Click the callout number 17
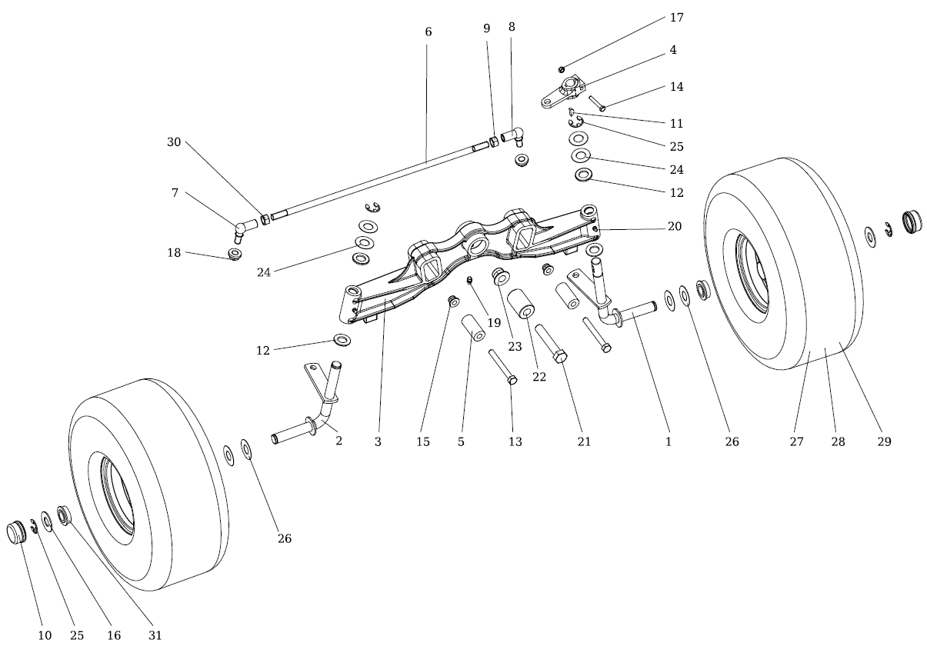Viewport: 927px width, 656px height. tap(676, 17)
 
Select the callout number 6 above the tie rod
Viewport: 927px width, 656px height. tap(428, 32)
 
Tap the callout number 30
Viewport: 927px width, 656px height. tap(174, 142)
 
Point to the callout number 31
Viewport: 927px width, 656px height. tap(155, 635)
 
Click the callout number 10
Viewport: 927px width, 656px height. tap(45, 635)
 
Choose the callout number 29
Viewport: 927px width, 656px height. tap(884, 441)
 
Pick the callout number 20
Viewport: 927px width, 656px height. tap(675, 228)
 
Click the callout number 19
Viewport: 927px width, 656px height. tap(494, 323)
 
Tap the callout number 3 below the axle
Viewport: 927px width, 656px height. tap(378, 441)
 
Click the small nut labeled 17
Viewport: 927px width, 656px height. tap(562, 70)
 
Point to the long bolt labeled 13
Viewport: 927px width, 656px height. tap(502, 368)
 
